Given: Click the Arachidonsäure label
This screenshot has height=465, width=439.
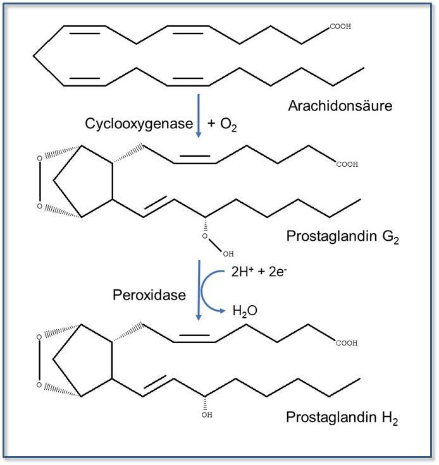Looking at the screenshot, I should click(340, 105).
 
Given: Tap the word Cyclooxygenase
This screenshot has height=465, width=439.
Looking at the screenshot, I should click(139, 124).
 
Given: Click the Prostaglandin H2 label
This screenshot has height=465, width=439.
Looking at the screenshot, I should click(342, 417).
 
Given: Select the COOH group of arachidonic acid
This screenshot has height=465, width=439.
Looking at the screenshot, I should click(340, 27).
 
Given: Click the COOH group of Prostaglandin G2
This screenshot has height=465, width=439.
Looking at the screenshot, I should click(347, 164).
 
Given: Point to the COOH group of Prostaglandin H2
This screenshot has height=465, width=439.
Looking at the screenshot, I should click(347, 343).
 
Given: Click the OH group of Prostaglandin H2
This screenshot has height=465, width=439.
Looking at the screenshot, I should click(207, 415).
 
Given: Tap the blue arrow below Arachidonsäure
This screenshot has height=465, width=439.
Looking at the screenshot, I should click(199, 116).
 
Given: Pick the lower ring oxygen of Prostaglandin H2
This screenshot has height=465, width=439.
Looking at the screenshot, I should click(39, 385).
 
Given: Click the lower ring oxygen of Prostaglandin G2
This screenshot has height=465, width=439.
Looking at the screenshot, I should click(39, 206).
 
